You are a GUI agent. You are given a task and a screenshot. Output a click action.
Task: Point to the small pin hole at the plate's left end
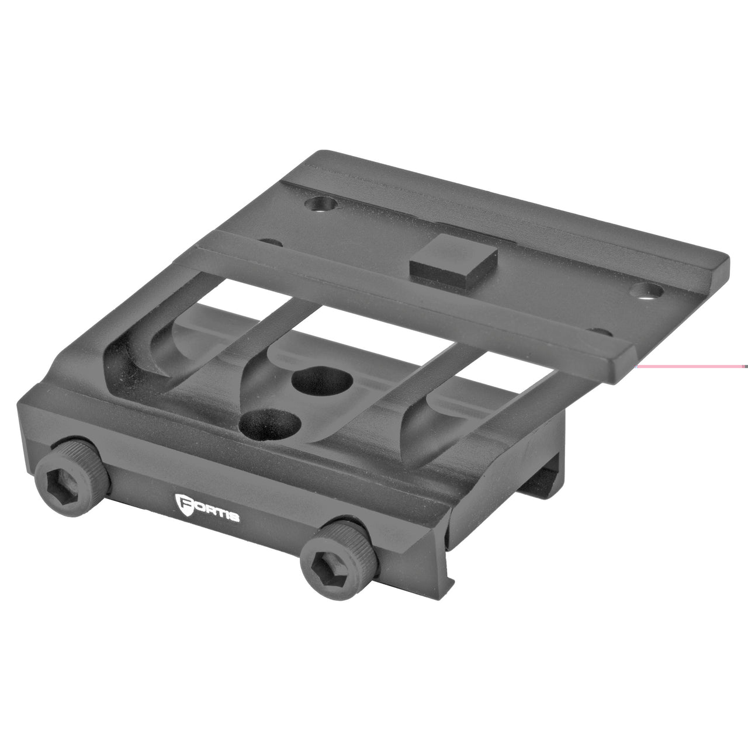(x=269, y=241)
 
